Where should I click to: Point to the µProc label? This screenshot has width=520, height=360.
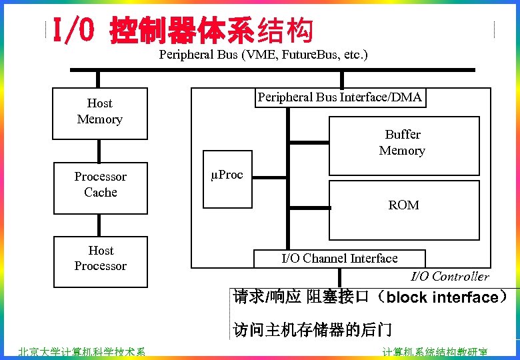[227, 175]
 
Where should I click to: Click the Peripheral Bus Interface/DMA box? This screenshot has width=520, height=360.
[340, 98]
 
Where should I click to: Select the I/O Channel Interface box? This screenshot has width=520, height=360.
[339, 259]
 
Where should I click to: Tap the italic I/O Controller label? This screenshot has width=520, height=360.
[449, 277]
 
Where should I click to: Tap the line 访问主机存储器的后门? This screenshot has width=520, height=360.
[312, 329]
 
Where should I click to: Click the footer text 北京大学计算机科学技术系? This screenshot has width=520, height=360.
[81, 353]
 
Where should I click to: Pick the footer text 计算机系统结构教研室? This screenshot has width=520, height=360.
[434, 353]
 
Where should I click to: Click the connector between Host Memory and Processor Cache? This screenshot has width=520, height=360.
[100, 151]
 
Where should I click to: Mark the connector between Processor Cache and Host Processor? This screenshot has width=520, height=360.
[100, 225]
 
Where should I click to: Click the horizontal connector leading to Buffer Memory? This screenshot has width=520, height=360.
[309, 142]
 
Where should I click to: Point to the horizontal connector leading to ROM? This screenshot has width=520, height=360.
[309, 208]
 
